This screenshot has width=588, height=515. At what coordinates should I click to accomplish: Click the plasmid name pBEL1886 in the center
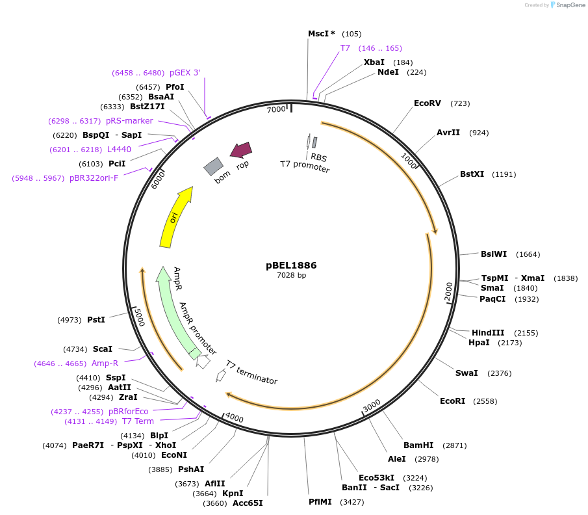pos(291,265)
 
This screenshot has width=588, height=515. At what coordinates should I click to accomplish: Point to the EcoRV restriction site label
pos(428,103)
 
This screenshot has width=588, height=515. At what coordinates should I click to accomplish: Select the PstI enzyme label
pos(96,320)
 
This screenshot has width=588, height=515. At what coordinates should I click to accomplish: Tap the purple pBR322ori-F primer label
pos(94,178)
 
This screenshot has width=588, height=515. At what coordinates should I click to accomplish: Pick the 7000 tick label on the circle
pos(276,110)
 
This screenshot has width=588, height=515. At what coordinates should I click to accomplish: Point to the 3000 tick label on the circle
pos(372,406)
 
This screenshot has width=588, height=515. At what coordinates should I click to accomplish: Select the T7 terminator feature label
pos(251,372)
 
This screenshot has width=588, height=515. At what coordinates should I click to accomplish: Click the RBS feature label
pos(319,157)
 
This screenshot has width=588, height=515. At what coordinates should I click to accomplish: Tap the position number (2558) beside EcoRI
pos(486,401)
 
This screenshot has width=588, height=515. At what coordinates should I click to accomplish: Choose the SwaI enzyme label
pos(467,373)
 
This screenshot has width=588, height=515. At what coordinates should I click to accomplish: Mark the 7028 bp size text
pos(291,275)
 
